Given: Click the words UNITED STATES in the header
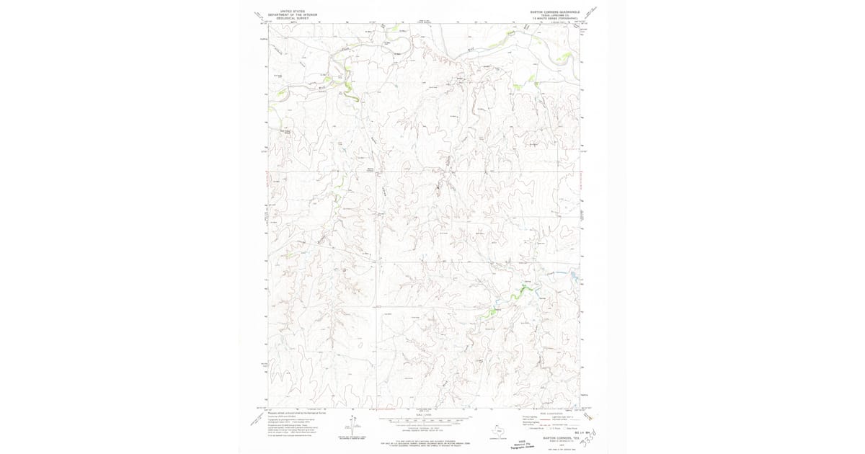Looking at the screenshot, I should point(292,12).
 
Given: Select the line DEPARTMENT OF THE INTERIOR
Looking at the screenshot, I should point(292,15).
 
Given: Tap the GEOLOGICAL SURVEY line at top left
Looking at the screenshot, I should point(292,19).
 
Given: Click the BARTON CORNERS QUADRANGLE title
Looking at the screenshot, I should point(553,12).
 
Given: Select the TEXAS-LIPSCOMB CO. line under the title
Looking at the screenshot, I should point(553,15).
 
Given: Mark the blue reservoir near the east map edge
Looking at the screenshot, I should point(574,275).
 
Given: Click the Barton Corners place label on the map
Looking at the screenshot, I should point(372,170).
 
